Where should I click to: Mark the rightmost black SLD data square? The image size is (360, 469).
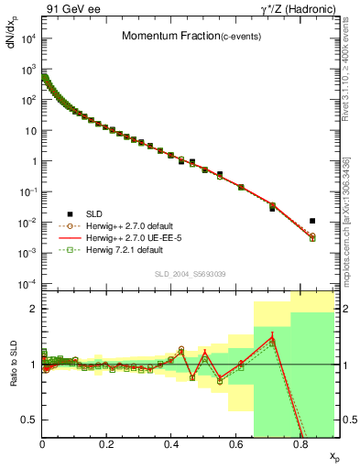pyautogui.click(x=312, y=221)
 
